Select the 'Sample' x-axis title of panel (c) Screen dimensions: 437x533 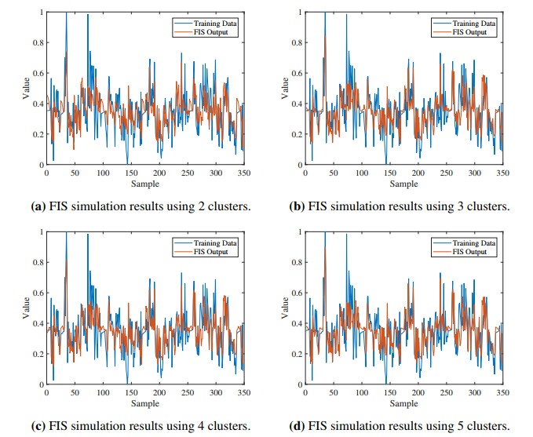point(144,403)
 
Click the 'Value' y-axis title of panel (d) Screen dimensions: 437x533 point(285,308)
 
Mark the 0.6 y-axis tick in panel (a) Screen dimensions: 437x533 point(35,73)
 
